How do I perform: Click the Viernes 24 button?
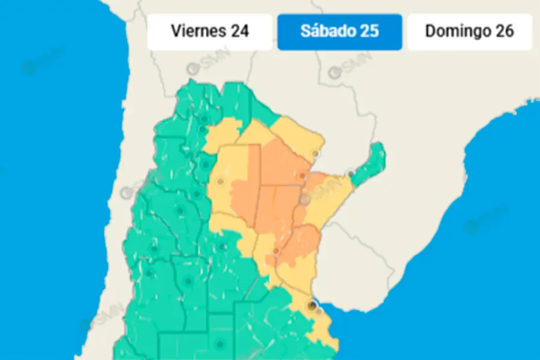(209, 32)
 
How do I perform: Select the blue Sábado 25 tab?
(339, 32)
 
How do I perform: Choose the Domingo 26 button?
(469, 32)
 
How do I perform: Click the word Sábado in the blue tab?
(325, 31)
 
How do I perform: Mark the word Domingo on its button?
(454, 31)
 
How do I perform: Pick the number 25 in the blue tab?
(369, 31)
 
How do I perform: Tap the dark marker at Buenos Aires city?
(311, 306)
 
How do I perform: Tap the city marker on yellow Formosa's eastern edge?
(316, 154)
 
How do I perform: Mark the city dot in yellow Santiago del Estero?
(221, 181)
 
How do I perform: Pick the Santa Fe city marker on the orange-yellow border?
(276, 251)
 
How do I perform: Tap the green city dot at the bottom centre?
(219, 344)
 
